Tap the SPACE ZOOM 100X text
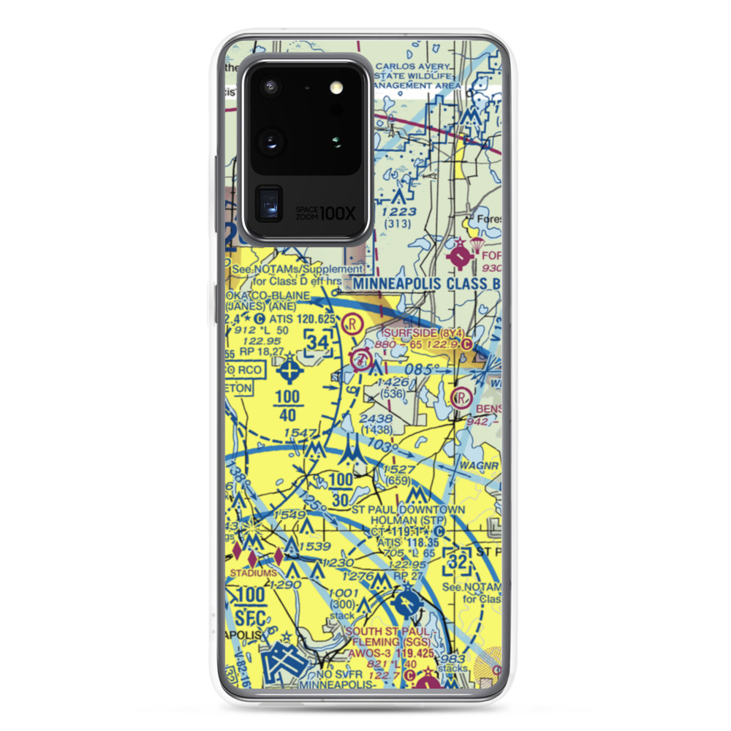tap(326, 213)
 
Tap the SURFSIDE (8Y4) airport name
tap(412, 330)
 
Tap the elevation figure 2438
tap(376, 419)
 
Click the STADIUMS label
tap(251, 574)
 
